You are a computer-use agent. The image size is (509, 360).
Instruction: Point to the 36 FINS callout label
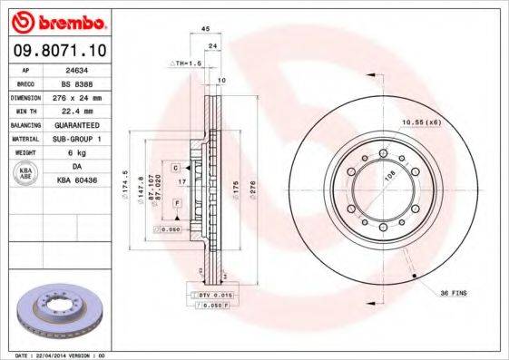tap(454, 292)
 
